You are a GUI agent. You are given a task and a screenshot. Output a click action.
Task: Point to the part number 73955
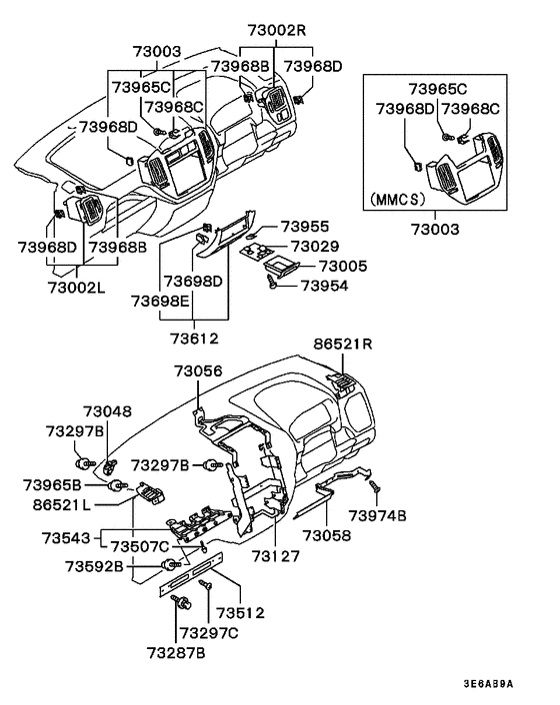click(x=304, y=227)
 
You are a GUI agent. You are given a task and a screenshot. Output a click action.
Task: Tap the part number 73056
click(x=198, y=370)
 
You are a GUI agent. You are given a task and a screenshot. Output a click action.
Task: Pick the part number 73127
click(x=276, y=556)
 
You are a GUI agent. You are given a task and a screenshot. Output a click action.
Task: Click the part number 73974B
click(x=377, y=515)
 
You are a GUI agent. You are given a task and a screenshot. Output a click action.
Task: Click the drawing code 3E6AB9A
click(x=488, y=684)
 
